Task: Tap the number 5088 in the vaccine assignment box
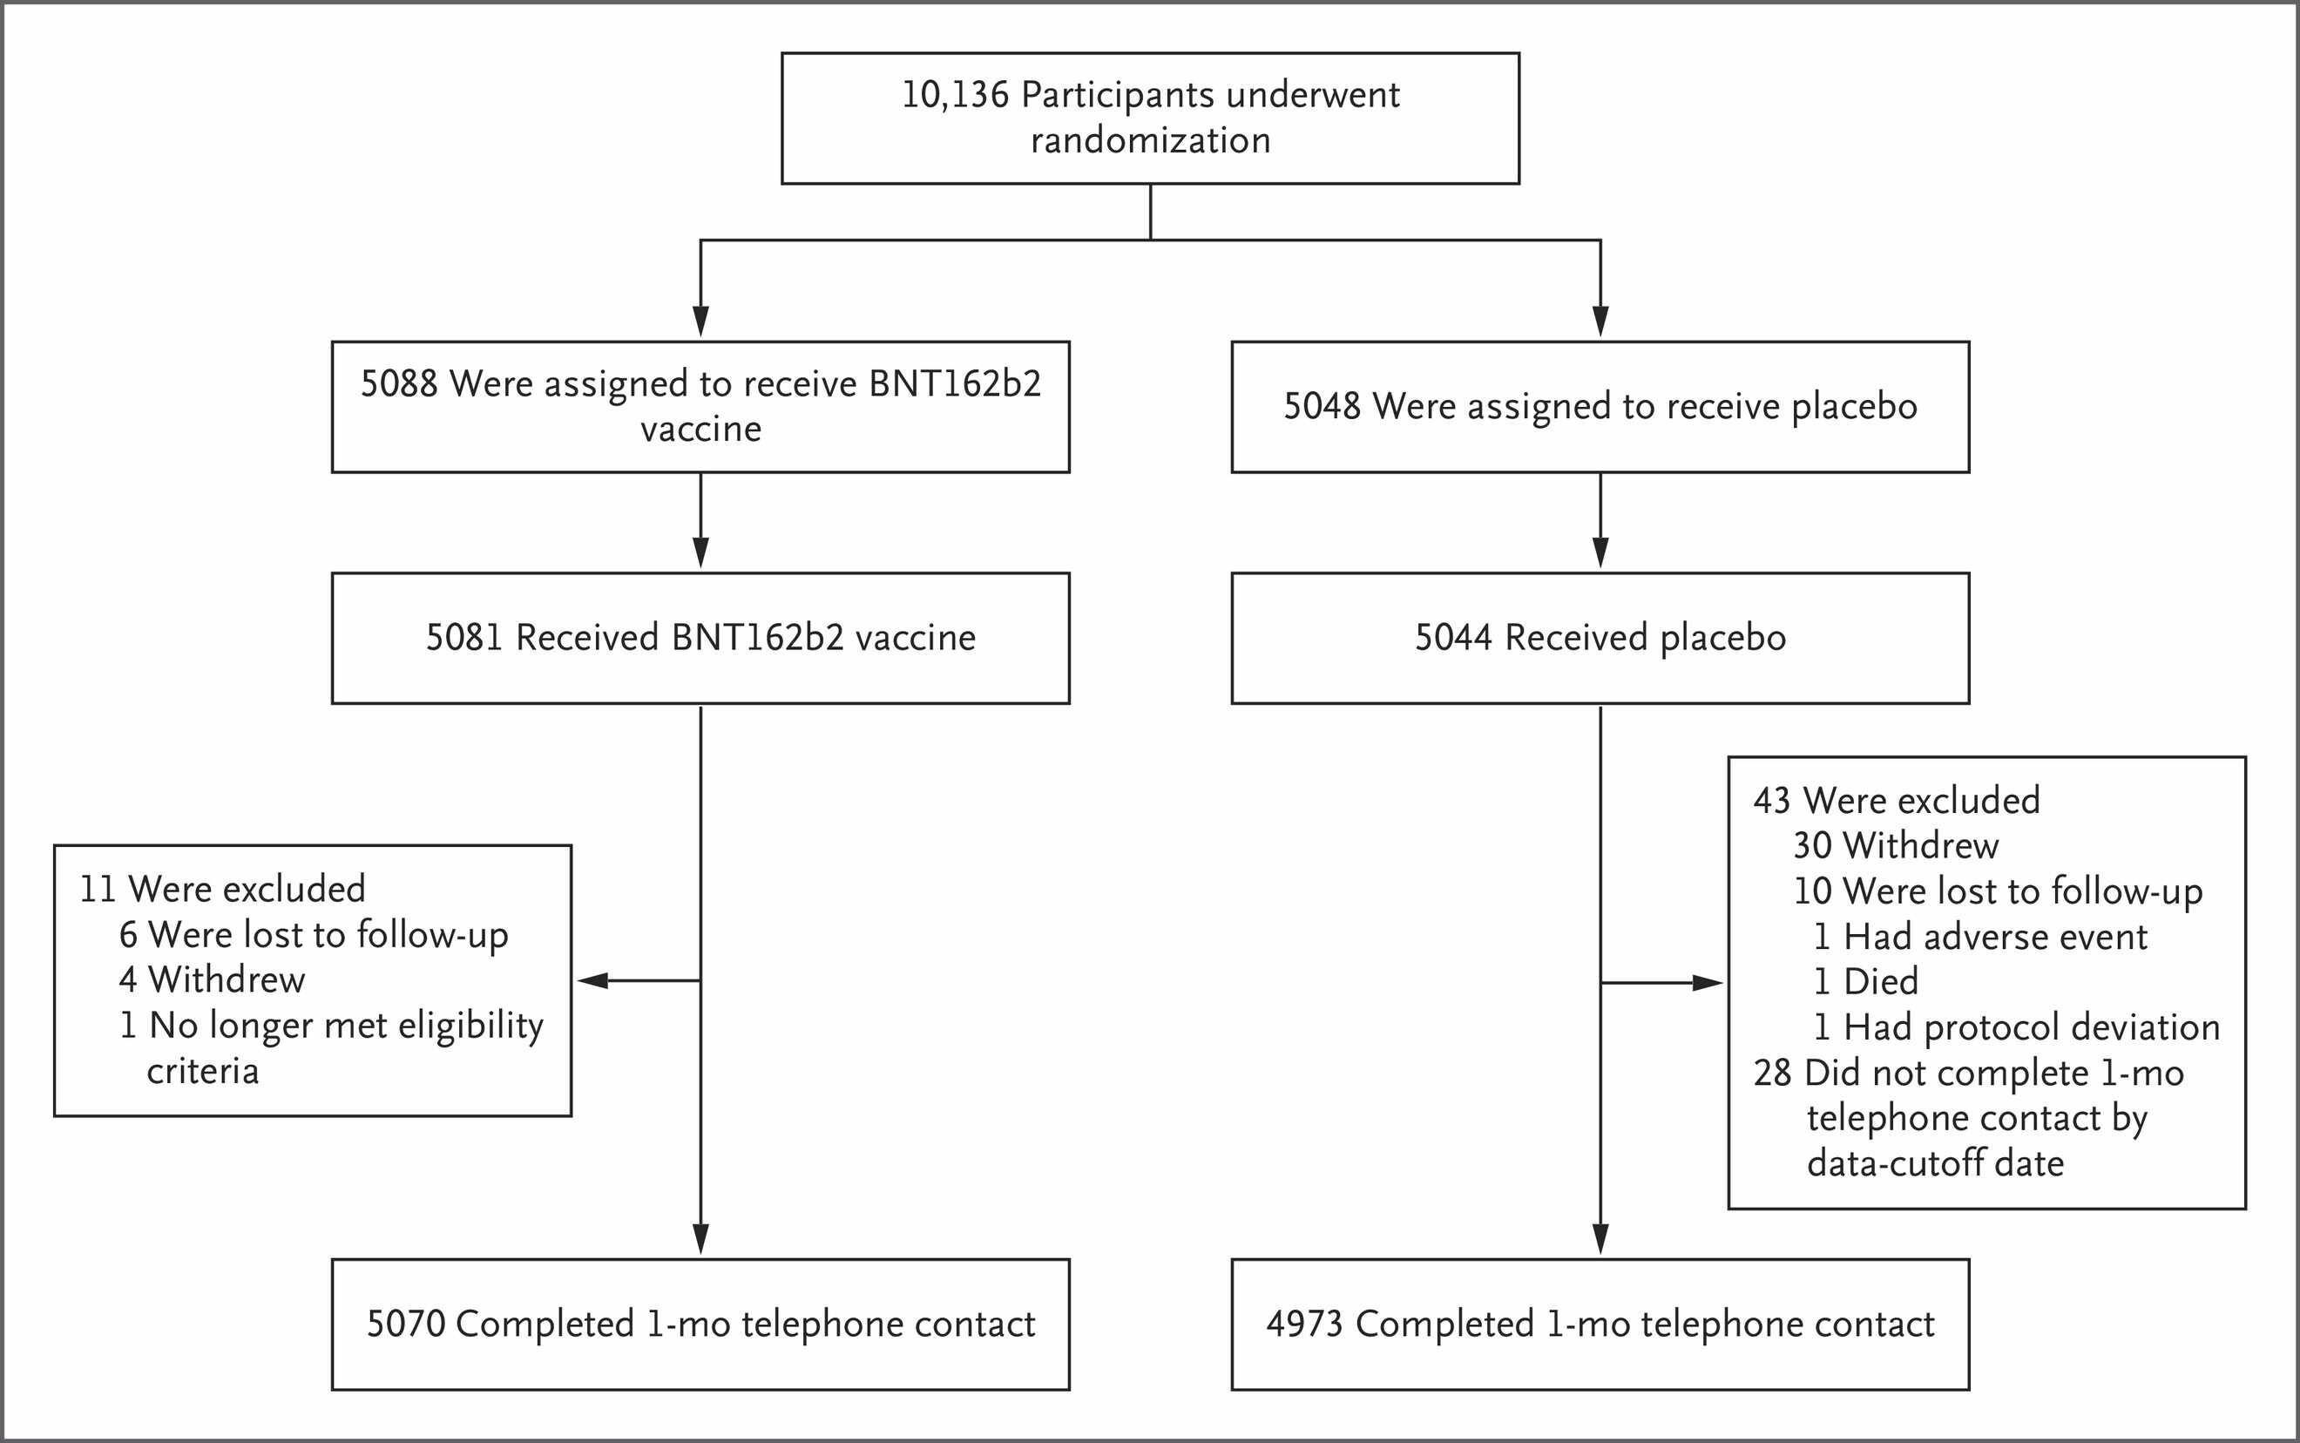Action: coord(399,383)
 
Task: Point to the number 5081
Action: coord(463,638)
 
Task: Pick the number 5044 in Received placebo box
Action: coord(1453,638)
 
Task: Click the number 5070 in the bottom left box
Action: coord(405,1324)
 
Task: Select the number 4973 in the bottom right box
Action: coord(1304,1324)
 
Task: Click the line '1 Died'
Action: coord(1866,981)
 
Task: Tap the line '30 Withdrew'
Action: coord(1896,845)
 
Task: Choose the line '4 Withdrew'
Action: coord(212,980)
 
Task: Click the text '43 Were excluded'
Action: coord(1897,801)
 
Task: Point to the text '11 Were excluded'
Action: coord(222,890)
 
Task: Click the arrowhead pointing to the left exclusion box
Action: coord(592,980)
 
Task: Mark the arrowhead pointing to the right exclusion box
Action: coord(1708,983)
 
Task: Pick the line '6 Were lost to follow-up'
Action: coord(314,935)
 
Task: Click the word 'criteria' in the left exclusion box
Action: coord(202,1072)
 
